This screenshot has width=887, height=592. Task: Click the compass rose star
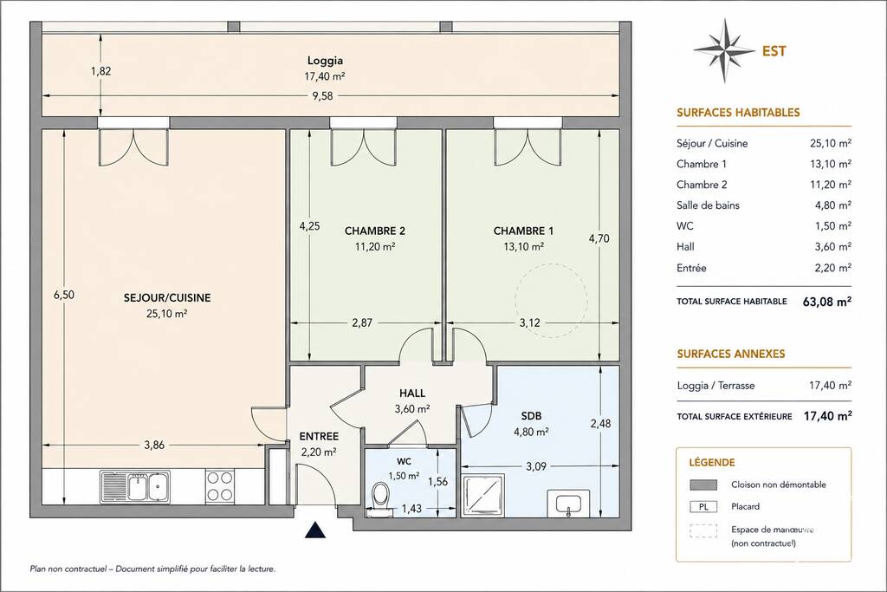725,50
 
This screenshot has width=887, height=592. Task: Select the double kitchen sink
135,487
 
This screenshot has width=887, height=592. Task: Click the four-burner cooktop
219,487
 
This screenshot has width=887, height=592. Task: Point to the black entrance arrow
316,530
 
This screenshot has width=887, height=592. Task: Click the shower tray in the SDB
483,496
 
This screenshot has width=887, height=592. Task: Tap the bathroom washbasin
568,504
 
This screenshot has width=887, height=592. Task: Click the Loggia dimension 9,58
322,95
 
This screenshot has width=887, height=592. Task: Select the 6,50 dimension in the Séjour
64,295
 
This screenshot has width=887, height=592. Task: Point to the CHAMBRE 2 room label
374,231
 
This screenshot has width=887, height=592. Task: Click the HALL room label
411,393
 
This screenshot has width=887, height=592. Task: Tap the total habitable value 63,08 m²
827,301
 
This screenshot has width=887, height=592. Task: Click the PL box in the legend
703,507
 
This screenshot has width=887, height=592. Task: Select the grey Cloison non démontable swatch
703,485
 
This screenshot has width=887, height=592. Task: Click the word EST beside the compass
774,51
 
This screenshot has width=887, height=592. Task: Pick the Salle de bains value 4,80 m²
832,205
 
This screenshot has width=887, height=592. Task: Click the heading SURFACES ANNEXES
731,354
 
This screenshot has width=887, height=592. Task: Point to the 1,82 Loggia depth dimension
100,71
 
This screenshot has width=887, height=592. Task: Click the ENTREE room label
319,436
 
